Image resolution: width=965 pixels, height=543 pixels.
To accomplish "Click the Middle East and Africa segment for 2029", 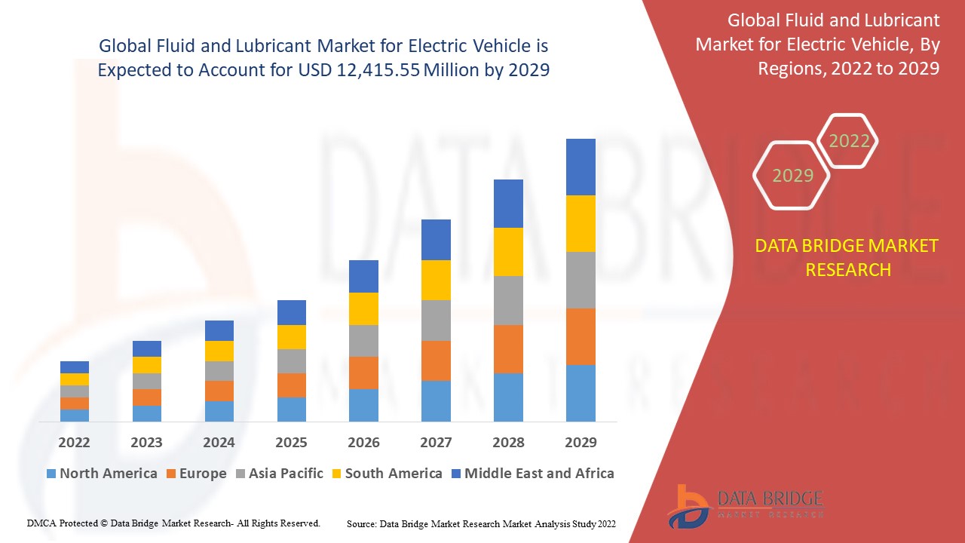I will [581, 167].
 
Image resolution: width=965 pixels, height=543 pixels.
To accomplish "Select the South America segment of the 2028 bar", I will [508, 251].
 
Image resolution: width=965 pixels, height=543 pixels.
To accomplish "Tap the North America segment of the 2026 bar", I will [363, 405].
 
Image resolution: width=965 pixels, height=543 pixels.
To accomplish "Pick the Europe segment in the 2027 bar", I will [436, 360].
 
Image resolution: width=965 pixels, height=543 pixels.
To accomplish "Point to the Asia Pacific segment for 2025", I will [292, 360].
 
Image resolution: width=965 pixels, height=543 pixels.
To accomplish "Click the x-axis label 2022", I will [74, 442].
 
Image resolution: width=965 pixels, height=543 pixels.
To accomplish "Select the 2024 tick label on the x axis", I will [219, 442].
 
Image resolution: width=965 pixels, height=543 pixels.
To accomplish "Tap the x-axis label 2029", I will [581, 442].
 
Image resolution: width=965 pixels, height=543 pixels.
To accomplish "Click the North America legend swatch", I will [51, 474].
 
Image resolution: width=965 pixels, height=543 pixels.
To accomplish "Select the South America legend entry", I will [386, 474].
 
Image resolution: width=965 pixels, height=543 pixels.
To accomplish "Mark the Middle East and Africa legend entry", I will [532, 474].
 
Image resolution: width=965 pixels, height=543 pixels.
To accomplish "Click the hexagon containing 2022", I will [849, 141].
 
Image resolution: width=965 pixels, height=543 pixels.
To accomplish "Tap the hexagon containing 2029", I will [792, 176].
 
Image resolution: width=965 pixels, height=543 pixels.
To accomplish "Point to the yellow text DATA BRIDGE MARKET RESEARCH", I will [847, 257].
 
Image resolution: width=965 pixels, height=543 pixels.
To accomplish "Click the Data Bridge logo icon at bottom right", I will [688, 505].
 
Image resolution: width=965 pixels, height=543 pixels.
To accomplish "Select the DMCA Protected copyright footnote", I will [173, 523].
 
